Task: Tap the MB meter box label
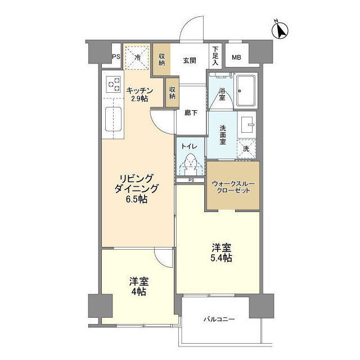(x=236, y=57)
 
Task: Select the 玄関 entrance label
(x=190, y=60)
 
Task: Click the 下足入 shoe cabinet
(x=215, y=56)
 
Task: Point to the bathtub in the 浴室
(x=246, y=90)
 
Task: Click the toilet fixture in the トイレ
(x=190, y=163)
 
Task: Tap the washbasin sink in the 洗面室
(x=246, y=124)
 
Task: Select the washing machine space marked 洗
(x=246, y=148)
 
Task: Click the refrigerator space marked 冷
(x=137, y=57)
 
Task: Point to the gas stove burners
(x=114, y=84)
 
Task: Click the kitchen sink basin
(x=113, y=119)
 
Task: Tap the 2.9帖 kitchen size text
(x=139, y=98)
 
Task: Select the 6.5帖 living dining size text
(x=136, y=200)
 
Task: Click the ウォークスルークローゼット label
(x=233, y=187)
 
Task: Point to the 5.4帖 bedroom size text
(x=221, y=258)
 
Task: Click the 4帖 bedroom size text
(x=139, y=291)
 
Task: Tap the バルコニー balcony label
(x=219, y=319)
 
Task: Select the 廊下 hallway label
(x=191, y=112)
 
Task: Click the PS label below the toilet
(x=191, y=180)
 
